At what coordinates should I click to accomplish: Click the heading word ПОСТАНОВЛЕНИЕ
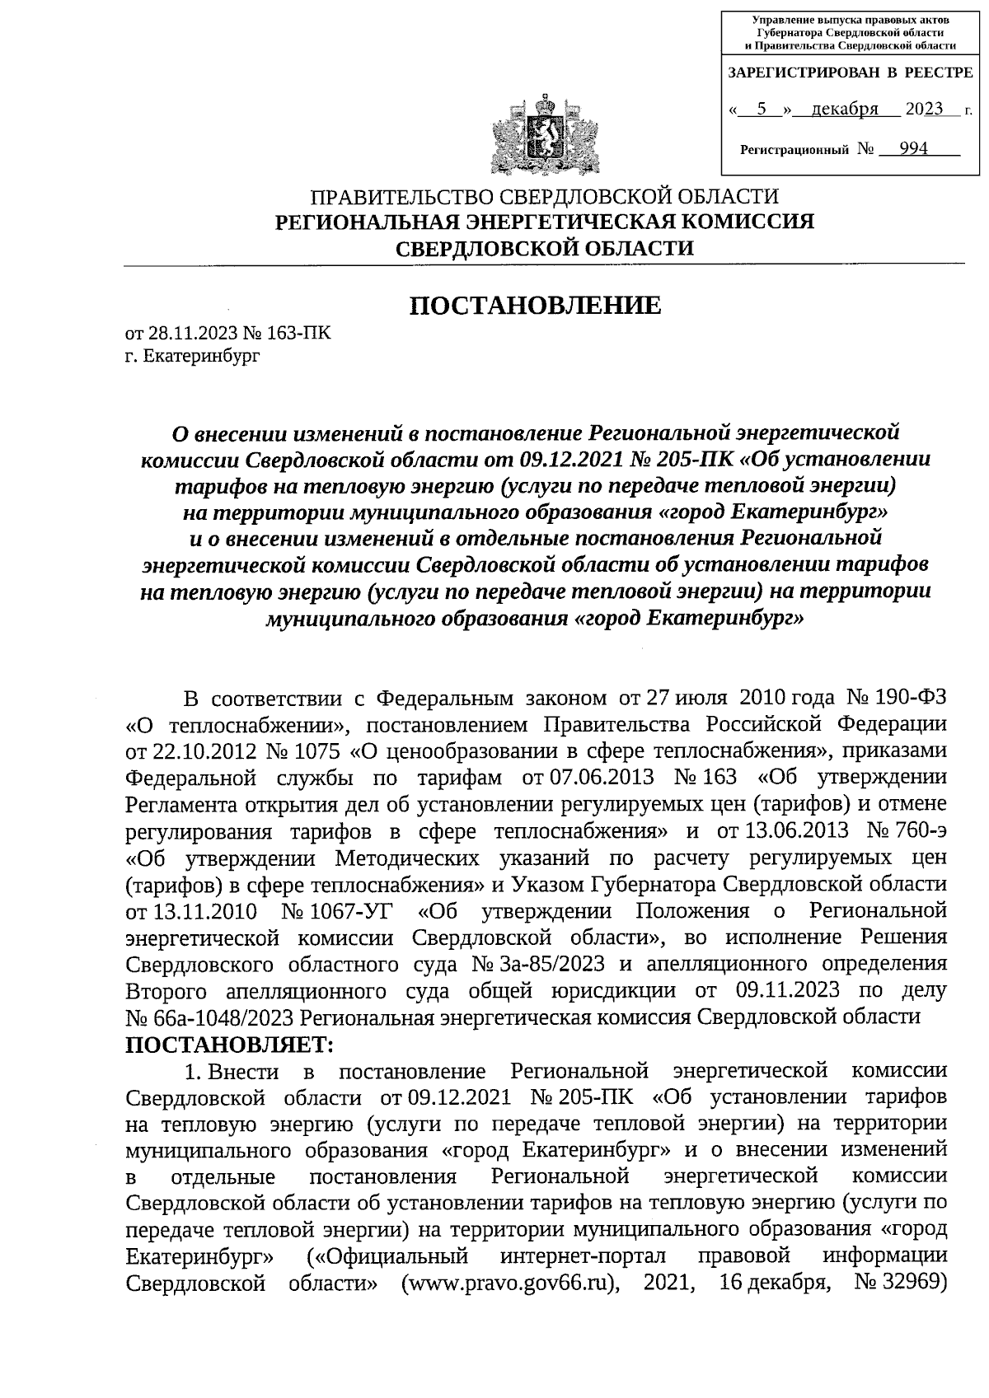click(x=536, y=306)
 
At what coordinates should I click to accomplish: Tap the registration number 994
click(x=913, y=149)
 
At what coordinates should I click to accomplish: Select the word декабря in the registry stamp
click(x=845, y=110)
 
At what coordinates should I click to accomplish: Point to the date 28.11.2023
click(x=192, y=334)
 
